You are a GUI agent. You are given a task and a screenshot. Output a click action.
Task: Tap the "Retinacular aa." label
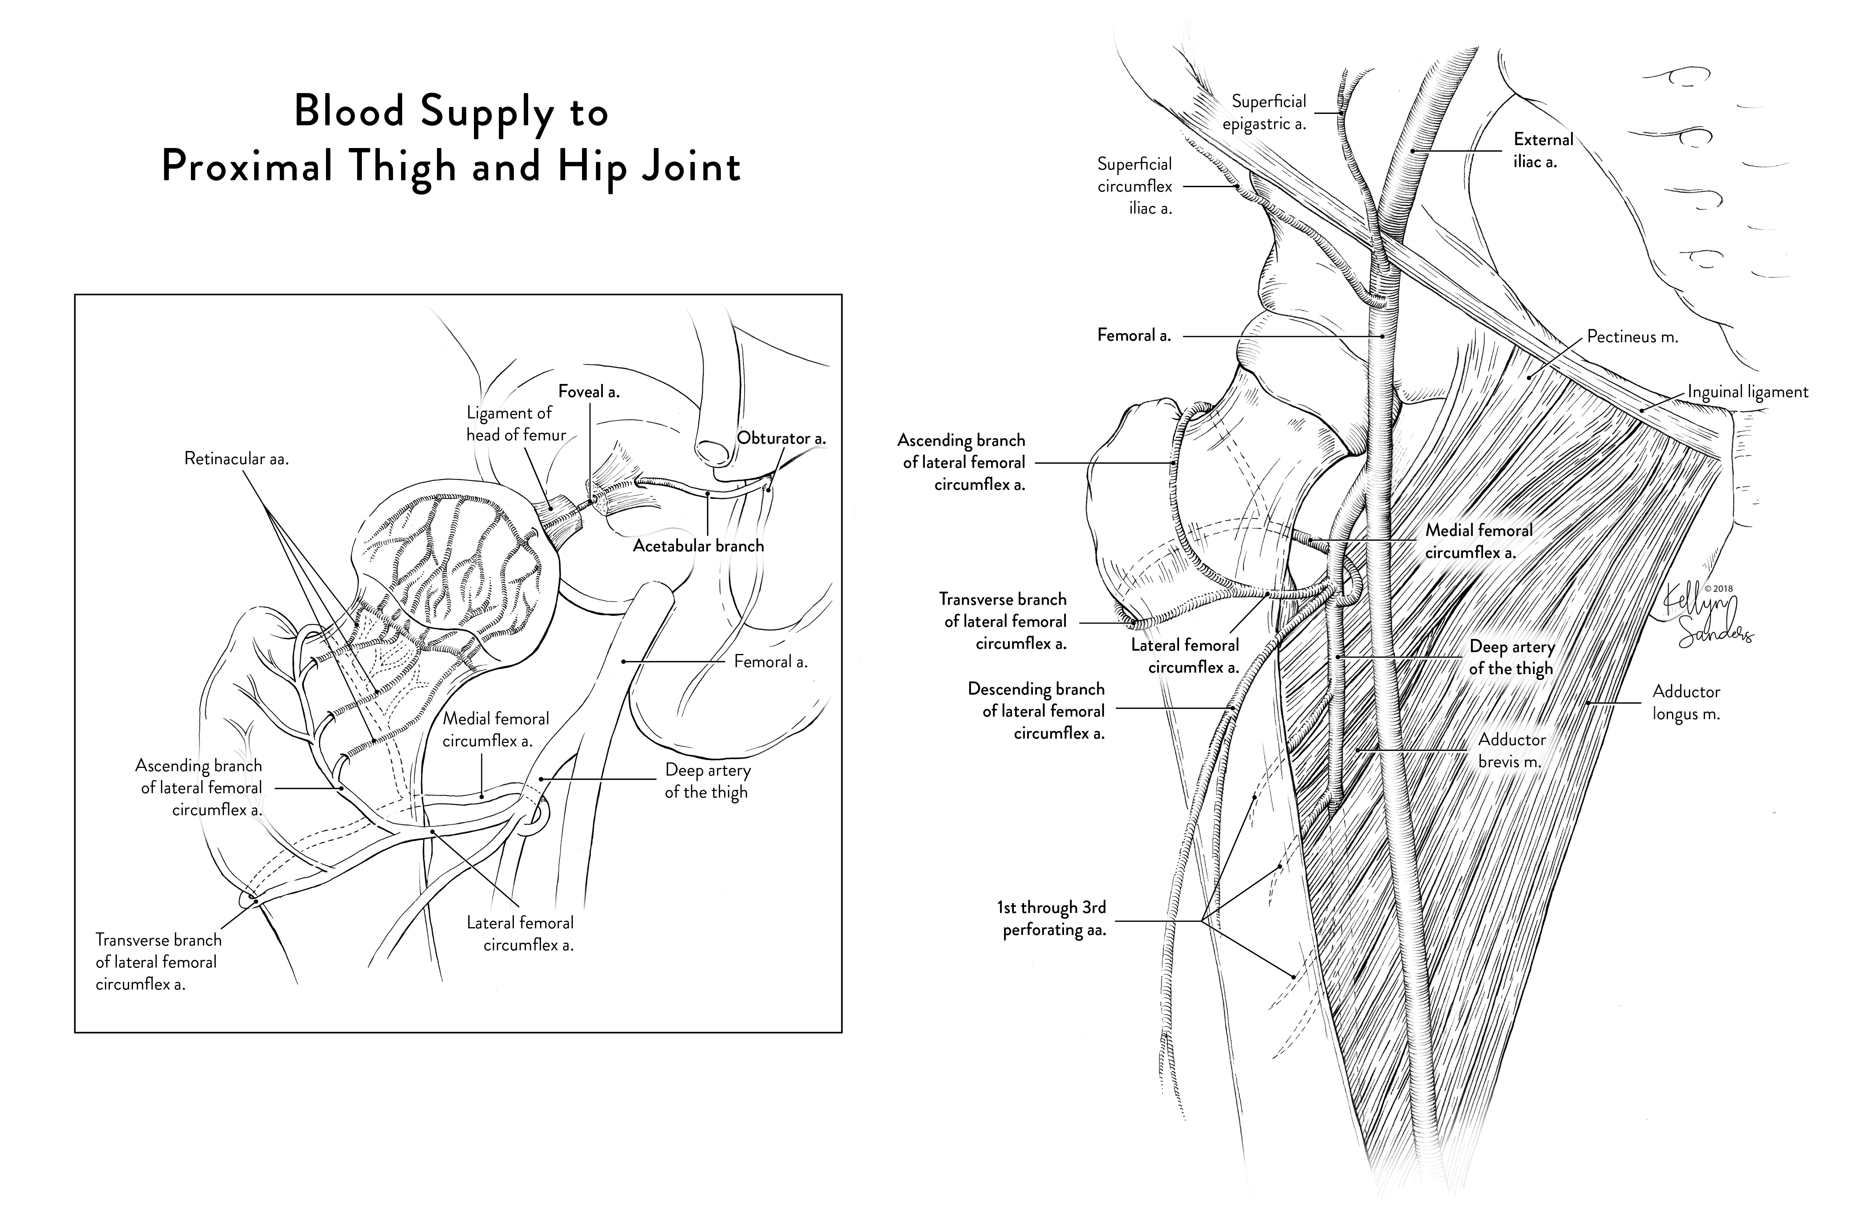pos(236,458)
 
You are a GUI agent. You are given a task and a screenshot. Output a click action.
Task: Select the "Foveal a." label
pos(589,391)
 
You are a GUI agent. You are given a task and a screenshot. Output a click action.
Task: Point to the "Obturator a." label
pos(781,438)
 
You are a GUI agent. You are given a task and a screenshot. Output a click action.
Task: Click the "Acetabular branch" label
pos(698,546)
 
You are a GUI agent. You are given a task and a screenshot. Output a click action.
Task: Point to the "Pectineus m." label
pos(1632,337)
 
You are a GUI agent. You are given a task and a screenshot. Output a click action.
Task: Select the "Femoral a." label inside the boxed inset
pos(770,662)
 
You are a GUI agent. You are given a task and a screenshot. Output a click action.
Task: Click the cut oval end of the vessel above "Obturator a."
pos(713,452)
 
